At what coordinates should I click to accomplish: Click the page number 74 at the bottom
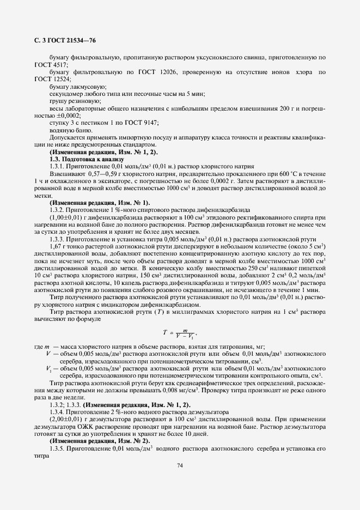pos(180,465)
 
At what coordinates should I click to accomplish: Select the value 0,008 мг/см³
pos(208,390)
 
